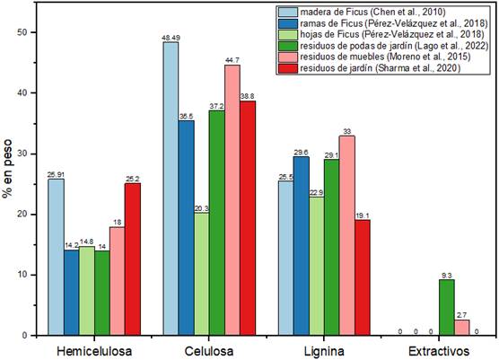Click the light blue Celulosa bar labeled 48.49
[x=170, y=189]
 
